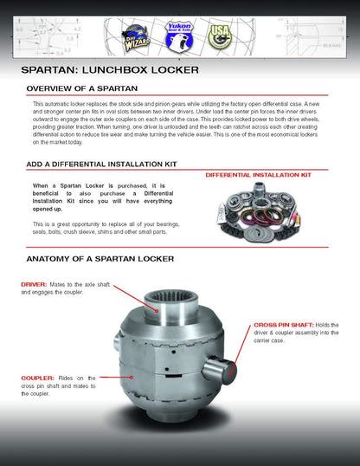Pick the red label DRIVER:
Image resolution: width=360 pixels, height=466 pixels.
(x=37, y=284)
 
